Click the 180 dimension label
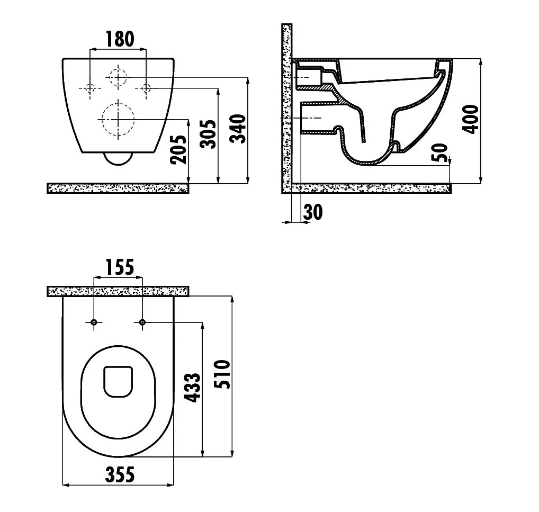(x=120, y=39)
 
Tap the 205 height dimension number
(x=179, y=149)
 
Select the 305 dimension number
(x=208, y=134)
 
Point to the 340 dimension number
(x=238, y=129)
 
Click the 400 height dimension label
(x=470, y=119)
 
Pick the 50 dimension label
(x=439, y=152)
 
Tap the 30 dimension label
(x=313, y=212)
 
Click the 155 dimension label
(x=120, y=267)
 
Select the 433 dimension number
(x=192, y=387)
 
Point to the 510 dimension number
(x=222, y=374)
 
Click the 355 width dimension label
(x=120, y=475)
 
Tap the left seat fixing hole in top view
(x=94, y=322)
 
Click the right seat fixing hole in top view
(x=142, y=322)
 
